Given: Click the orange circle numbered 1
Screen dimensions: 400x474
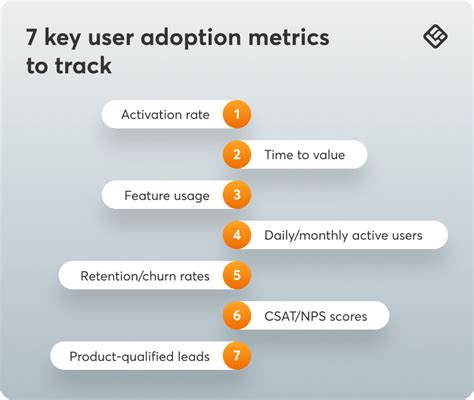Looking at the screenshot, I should pos(236,114).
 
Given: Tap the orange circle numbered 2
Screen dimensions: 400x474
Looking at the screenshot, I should pos(236,154).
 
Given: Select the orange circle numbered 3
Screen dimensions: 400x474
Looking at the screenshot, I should pos(236,195).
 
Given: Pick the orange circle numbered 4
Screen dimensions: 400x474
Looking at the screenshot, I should pos(236,235).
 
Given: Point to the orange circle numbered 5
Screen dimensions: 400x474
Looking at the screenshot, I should pos(236,275).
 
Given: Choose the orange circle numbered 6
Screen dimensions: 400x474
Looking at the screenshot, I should pos(236,316).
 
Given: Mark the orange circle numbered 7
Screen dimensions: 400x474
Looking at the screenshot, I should pos(236,356).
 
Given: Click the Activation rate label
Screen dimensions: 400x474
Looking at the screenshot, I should pos(165,114).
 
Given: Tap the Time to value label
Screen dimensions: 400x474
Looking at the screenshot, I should pos(304,155).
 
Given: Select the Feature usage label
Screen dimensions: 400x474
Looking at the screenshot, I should pos(166,195).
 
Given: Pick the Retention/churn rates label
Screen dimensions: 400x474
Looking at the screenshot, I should pos(146,276).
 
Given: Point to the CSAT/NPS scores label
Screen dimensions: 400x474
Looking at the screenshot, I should pos(314,316).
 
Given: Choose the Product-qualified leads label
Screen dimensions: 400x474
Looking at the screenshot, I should pos(139,356).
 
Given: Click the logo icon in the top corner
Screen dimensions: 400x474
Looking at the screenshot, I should pos(436,37).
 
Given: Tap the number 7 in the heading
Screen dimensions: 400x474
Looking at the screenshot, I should pos(34,38).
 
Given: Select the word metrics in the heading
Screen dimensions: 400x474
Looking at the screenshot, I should pos(292,38).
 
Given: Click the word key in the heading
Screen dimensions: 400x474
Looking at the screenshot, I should pos(66,38).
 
